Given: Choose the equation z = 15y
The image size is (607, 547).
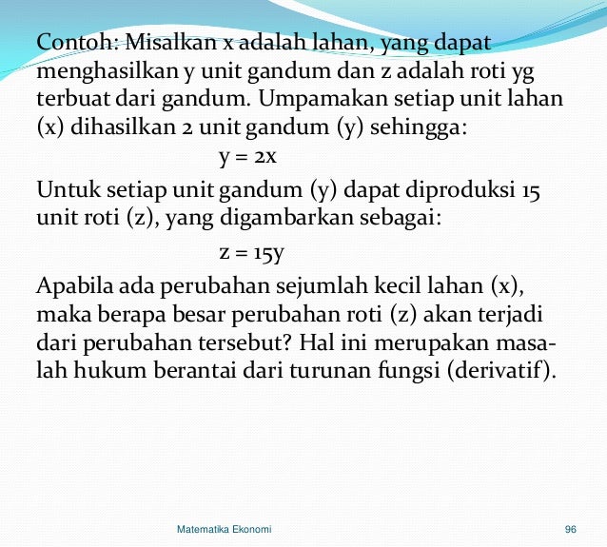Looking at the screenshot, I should coord(252,253).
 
